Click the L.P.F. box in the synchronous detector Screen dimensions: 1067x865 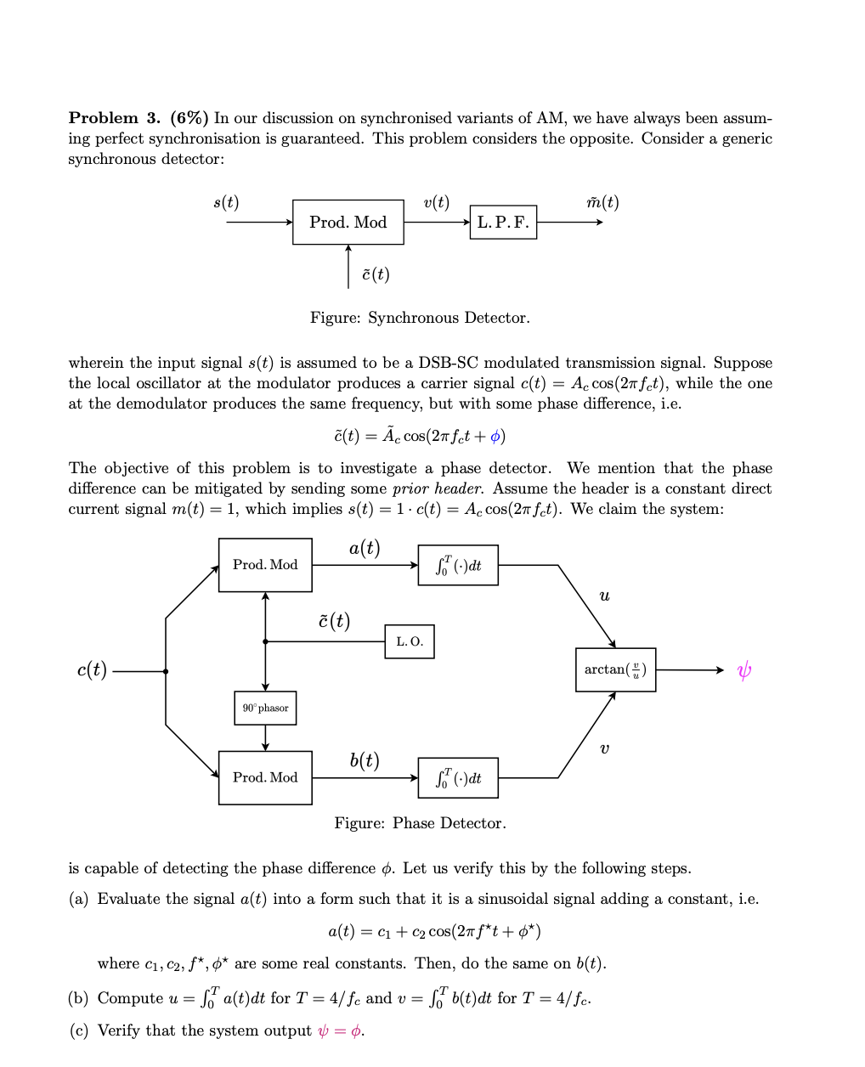point(503,223)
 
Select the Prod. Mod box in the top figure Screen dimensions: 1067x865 point(348,223)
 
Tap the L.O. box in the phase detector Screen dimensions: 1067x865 point(410,641)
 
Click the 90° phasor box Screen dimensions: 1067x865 point(265,708)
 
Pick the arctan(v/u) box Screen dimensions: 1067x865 point(615,669)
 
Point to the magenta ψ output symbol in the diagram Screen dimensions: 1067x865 point(743,671)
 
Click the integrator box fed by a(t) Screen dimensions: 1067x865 point(458,565)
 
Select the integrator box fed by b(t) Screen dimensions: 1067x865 point(458,777)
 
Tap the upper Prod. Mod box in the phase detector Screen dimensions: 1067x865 point(265,565)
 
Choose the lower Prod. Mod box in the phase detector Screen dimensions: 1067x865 point(265,777)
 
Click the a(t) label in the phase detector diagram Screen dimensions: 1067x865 point(365,549)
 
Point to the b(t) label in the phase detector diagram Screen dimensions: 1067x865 point(365,760)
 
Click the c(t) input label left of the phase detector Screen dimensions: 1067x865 point(92,670)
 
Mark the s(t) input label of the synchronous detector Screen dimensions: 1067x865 point(226,202)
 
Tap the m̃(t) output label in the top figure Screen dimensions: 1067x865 point(602,202)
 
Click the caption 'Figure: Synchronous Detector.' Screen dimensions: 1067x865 point(420,318)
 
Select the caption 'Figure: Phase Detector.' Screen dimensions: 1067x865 point(420,823)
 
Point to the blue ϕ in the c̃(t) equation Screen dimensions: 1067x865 point(498,437)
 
